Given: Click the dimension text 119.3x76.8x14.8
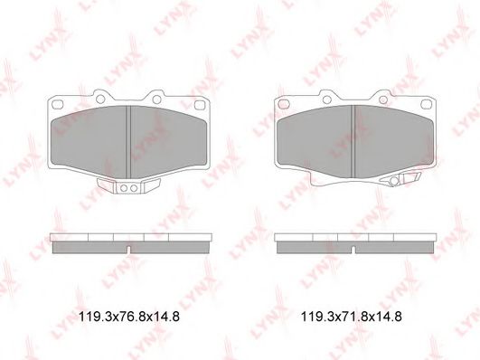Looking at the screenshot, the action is (x=129, y=317).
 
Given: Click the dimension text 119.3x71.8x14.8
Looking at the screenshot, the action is (x=352, y=317).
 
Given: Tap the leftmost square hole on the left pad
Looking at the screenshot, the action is (x=58, y=104).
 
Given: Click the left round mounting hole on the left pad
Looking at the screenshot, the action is (x=100, y=99).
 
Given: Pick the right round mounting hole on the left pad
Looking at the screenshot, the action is (x=156, y=99).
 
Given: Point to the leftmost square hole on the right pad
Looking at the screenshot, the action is (x=283, y=104).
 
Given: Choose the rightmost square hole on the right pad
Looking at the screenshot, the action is (x=426, y=105).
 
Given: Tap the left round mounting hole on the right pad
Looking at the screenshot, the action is (x=327, y=99).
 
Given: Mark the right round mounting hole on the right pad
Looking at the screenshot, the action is (x=383, y=99).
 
